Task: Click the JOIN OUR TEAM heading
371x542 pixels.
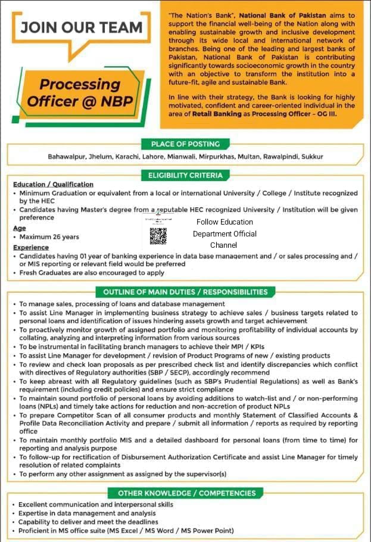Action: (82, 27)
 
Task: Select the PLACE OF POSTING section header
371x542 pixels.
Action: (185, 144)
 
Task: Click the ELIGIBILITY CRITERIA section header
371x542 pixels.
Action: (185, 175)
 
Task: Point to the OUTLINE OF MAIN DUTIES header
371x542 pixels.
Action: (185, 292)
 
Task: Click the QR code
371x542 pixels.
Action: (158, 236)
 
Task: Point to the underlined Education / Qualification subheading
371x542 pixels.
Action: (53, 185)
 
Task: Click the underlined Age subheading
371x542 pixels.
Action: (19, 228)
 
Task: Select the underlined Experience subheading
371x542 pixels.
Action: (31, 247)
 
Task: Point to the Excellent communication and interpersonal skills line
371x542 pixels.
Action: (96, 504)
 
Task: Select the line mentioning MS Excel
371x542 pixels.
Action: (126, 531)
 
